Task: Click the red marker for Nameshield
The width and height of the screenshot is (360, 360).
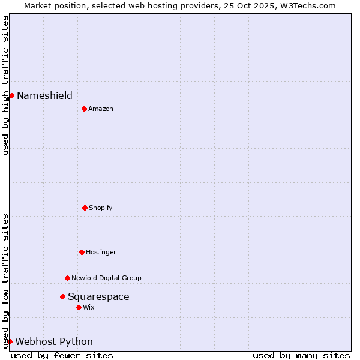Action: [x=11, y=95]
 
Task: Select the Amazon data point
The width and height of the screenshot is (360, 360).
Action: [x=84, y=109]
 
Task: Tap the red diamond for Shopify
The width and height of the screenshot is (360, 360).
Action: [x=85, y=208]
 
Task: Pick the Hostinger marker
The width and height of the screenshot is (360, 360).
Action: [x=82, y=252]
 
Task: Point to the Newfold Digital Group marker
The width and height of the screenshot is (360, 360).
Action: [x=67, y=278]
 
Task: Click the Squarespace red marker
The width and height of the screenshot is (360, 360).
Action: [x=62, y=296]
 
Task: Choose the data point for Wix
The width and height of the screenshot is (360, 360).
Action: [x=79, y=307]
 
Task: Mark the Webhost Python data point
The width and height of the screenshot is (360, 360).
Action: [x=10, y=341]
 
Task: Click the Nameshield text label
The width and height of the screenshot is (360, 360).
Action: [x=44, y=95]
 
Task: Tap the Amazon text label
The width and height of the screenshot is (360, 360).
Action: [x=101, y=109]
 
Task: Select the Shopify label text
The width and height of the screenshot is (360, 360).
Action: [x=101, y=208]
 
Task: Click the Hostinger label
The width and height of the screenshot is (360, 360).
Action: [x=101, y=252]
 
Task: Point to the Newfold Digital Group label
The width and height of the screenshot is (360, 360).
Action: [x=106, y=278]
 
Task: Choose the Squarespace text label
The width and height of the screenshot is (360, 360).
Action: [x=98, y=296]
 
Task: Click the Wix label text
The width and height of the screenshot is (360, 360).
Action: [x=89, y=307]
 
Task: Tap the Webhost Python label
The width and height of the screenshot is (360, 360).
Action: [x=54, y=341]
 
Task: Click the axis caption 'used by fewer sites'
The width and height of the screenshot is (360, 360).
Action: [x=62, y=355]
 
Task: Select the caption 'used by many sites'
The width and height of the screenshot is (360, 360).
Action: [x=301, y=355]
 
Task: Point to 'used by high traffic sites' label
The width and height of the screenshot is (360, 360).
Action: [x=5, y=85]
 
